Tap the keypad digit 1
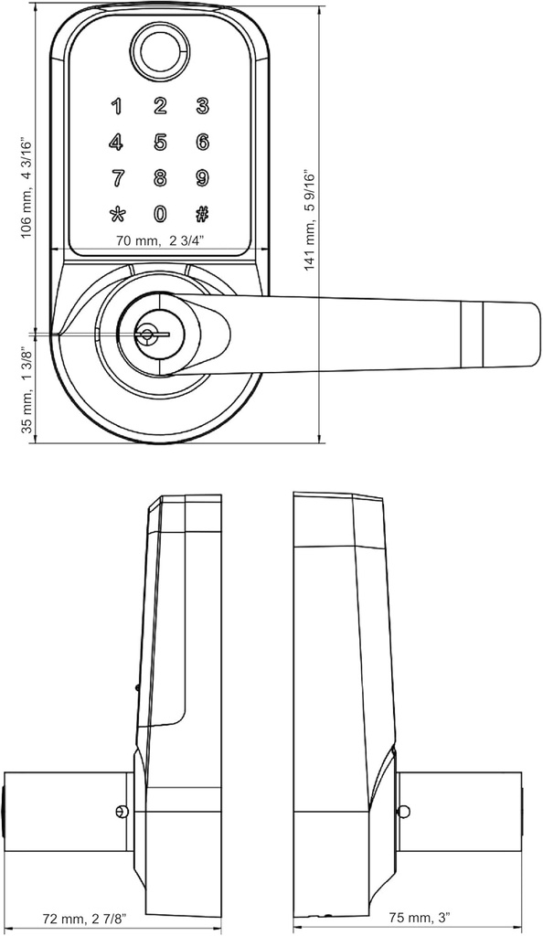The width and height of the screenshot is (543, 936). [x=116, y=106]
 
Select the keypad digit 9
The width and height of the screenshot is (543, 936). [x=202, y=177]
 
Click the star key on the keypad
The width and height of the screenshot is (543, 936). [x=116, y=215]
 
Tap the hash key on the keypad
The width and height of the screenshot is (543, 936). [x=202, y=215]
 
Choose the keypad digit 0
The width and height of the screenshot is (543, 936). [x=160, y=215]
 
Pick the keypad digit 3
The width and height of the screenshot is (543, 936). [x=202, y=106]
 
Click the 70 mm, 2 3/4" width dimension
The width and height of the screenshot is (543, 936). [x=160, y=241]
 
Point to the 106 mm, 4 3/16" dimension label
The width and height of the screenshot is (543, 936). [x=27, y=187]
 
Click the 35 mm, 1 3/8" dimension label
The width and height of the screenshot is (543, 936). [x=27, y=388]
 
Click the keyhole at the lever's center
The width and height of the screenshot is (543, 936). [x=145, y=335]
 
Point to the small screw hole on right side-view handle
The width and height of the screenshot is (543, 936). [x=403, y=811]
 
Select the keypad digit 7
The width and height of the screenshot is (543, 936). [x=116, y=177]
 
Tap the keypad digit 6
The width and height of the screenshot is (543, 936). [x=202, y=142]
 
